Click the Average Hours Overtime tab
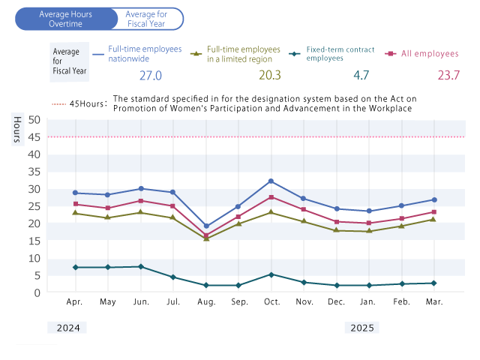pos(66,19)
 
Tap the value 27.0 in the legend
pos(151,75)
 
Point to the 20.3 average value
pos(269,75)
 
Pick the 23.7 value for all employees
pos(448,75)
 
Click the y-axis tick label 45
pos(34,136)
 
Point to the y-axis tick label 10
pos(34,258)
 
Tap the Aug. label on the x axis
pos(206,301)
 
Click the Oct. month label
pos(271,301)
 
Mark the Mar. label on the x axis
pos(433,301)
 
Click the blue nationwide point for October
pos(271,181)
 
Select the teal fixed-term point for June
pos(141,266)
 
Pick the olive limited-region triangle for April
pos(75,213)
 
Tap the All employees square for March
pos(433,212)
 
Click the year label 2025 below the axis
pos(362,328)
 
